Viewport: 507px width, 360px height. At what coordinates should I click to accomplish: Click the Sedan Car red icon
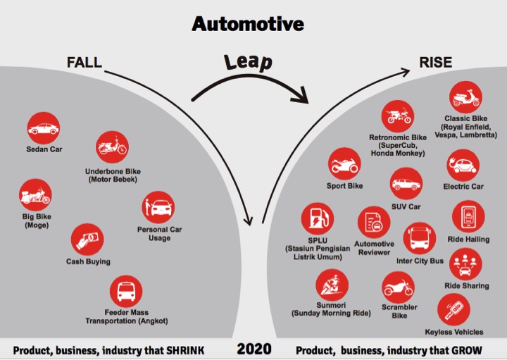pyautogui.click(x=44, y=128)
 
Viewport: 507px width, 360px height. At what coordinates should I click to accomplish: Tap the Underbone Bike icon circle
pyautogui.click(x=112, y=147)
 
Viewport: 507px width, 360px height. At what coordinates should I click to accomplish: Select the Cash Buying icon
pyautogui.click(x=87, y=240)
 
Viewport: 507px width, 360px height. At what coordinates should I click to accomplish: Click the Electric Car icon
pyautogui.click(x=463, y=166)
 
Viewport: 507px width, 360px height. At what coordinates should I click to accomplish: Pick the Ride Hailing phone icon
pyautogui.click(x=468, y=216)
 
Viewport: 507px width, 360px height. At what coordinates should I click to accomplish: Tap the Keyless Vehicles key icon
pyautogui.click(x=453, y=310)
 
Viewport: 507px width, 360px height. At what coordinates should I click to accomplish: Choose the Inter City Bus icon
pyautogui.click(x=420, y=238)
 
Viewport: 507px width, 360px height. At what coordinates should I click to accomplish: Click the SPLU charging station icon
pyautogui.click(x=318, y=218)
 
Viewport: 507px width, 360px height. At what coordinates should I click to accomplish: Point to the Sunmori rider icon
pyautogui.click(x=332, y=285)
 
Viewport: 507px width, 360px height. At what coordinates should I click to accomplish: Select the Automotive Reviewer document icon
pyautogui.click(x=374, y=223)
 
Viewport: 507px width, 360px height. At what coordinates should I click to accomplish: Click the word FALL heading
pyautogui.click(x=84, y=63)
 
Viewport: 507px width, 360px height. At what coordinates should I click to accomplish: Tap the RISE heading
pyautogui.click(x=436, y=63)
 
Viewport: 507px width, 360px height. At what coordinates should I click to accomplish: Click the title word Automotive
pyautogui.click(x=248, y=24)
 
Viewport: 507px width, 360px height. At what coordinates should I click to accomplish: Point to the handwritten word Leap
pyautogui.click(x=249, y=62)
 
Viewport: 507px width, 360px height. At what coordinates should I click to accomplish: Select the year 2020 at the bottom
pyautogui.click(x=254, y=349)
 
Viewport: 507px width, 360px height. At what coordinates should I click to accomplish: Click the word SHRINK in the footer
pyautogui.click(x=185, y=350)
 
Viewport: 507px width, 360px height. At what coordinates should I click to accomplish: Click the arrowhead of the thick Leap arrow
pyautogui.click(x=301, y=96)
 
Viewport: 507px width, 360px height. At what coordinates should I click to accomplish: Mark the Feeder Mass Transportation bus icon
pyautogui.click(x=126, y=291)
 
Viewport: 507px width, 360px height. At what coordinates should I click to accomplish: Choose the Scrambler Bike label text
pyautogui.click(x=399, y=311)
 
